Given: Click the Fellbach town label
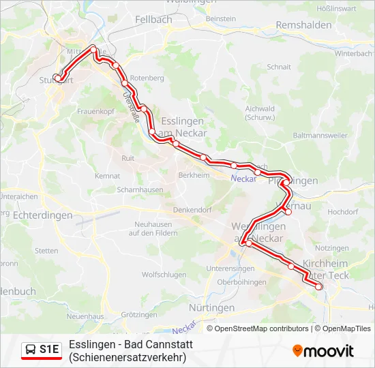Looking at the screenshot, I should tap(153, 20).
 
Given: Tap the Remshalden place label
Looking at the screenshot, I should tap(303, 25).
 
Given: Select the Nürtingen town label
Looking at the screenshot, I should tap(211, 308).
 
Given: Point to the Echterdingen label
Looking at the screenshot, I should tap(43, 215).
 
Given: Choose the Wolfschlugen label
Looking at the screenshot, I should tap(164, 275).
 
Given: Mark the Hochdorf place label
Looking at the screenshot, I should tap(342, 212).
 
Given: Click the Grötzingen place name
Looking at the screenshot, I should tap(139, 315).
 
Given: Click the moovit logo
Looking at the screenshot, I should tap(323, 351).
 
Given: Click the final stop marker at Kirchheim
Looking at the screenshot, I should tap(318, 287).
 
